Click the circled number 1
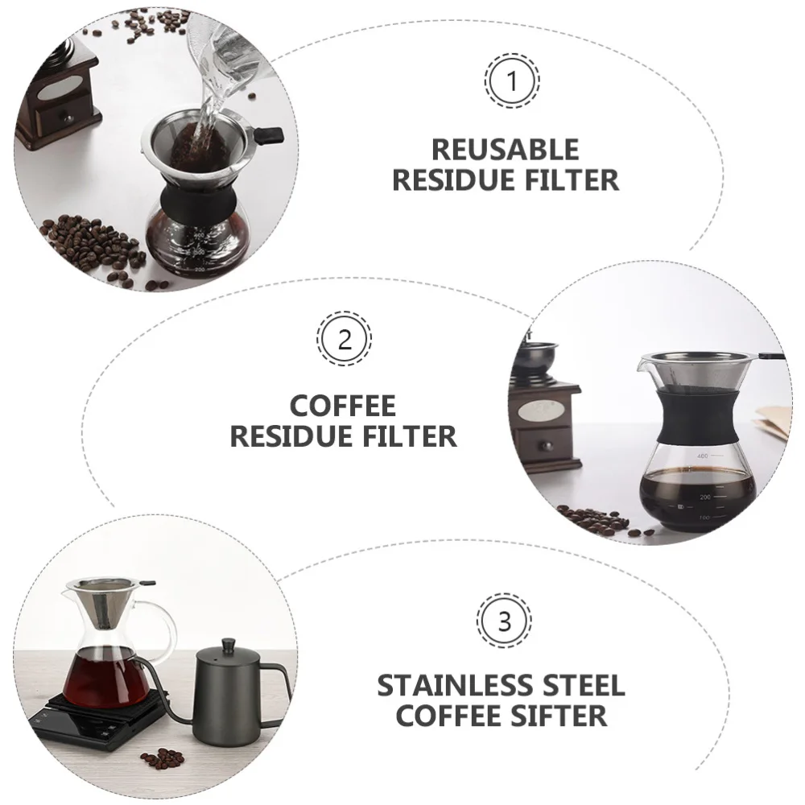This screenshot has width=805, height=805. click(512, 81)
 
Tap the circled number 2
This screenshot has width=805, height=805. click(345, 339)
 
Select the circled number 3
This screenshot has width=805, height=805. click(505, 621)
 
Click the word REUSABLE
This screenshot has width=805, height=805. click(505, 151)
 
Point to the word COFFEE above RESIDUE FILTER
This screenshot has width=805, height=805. click(343, 406)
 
